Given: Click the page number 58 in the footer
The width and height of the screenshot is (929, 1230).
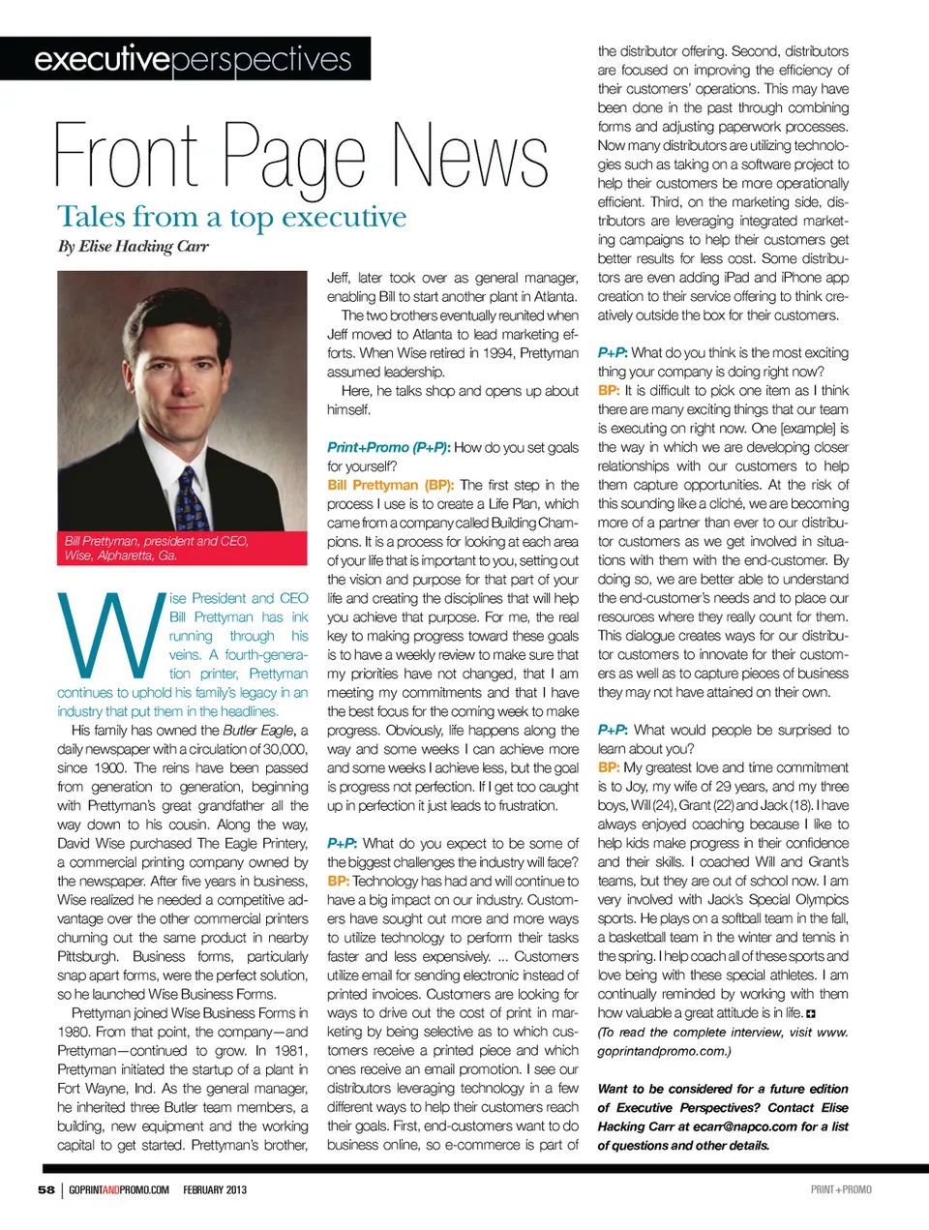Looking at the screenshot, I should (46, 1189).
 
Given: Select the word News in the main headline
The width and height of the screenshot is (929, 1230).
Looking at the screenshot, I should (470, 157).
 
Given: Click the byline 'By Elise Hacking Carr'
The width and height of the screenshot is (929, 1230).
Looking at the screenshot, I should (134, 246).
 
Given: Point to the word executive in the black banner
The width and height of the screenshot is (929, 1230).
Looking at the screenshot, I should (102, 59).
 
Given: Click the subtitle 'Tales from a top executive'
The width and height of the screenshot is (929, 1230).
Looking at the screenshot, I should (231, 217).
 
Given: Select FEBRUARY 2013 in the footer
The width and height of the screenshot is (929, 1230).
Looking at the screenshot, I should (215, 1189).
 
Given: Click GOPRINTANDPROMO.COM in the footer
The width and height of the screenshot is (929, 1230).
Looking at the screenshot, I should (119, 1189).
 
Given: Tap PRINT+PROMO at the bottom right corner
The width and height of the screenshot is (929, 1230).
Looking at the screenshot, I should (840, 1189).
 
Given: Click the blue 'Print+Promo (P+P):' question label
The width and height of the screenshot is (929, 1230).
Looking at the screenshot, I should (388, 447).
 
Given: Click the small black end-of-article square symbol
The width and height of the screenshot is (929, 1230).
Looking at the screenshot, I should (811, 1013).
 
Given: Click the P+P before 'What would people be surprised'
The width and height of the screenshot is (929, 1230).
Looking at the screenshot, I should (613, 730).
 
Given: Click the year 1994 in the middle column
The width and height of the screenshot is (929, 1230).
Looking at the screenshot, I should (497, 353).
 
